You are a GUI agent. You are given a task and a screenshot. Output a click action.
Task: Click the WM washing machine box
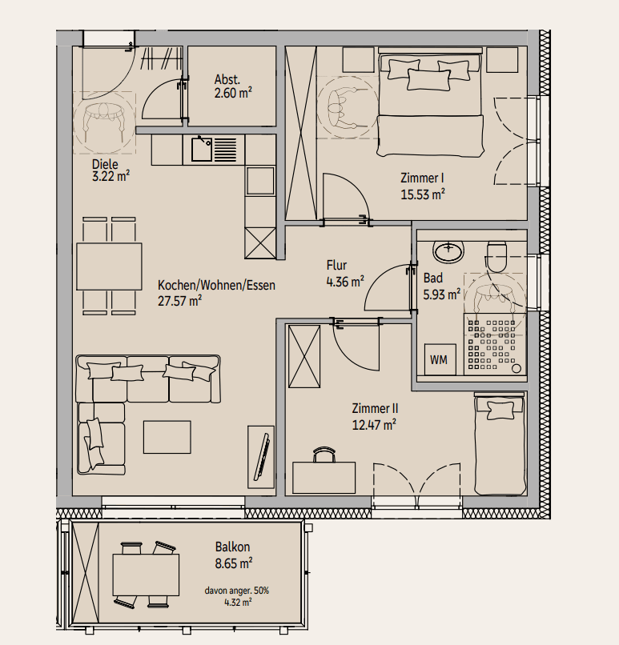(x=440, y=359)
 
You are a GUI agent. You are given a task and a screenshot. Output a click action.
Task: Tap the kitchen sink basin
(x=202, y=150)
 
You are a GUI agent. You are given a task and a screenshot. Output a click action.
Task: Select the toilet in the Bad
(x=496, y=256)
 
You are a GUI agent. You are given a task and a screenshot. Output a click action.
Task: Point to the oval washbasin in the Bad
(x=448, y=250)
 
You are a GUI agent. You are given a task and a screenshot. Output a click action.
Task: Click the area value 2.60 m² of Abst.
(x=233, y=93)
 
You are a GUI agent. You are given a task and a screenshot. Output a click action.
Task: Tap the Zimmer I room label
(x=422, y=178)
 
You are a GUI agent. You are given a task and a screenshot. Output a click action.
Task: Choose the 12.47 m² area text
(x=374, y=424)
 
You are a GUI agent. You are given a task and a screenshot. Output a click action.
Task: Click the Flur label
(x=336, y=265)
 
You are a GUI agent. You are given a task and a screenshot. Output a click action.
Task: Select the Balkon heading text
(x=232, y=547)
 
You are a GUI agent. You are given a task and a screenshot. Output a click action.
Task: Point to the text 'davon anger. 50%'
(x=237, y=591)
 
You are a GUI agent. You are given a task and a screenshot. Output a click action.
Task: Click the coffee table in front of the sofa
(x=167, y=437)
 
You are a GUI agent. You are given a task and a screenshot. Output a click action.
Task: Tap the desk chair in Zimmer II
(x=324, y=455)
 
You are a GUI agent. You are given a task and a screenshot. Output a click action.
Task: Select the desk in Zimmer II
(x=324, y=478)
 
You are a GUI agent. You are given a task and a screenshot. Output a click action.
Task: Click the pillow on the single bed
(x=500, y=410)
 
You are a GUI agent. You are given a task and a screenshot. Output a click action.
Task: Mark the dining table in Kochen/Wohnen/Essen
(x=109, y=266)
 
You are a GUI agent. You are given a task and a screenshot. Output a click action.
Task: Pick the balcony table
(x=146, y=575)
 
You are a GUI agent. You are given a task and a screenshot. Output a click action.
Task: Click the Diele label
(x=105, y=164)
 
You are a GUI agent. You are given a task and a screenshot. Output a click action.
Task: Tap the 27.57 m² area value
(x=180, y=301)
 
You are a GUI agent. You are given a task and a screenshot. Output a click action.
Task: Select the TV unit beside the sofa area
(x=261, y=457)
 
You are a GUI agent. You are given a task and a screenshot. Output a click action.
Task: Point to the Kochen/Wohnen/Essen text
(x=216, y=285)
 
